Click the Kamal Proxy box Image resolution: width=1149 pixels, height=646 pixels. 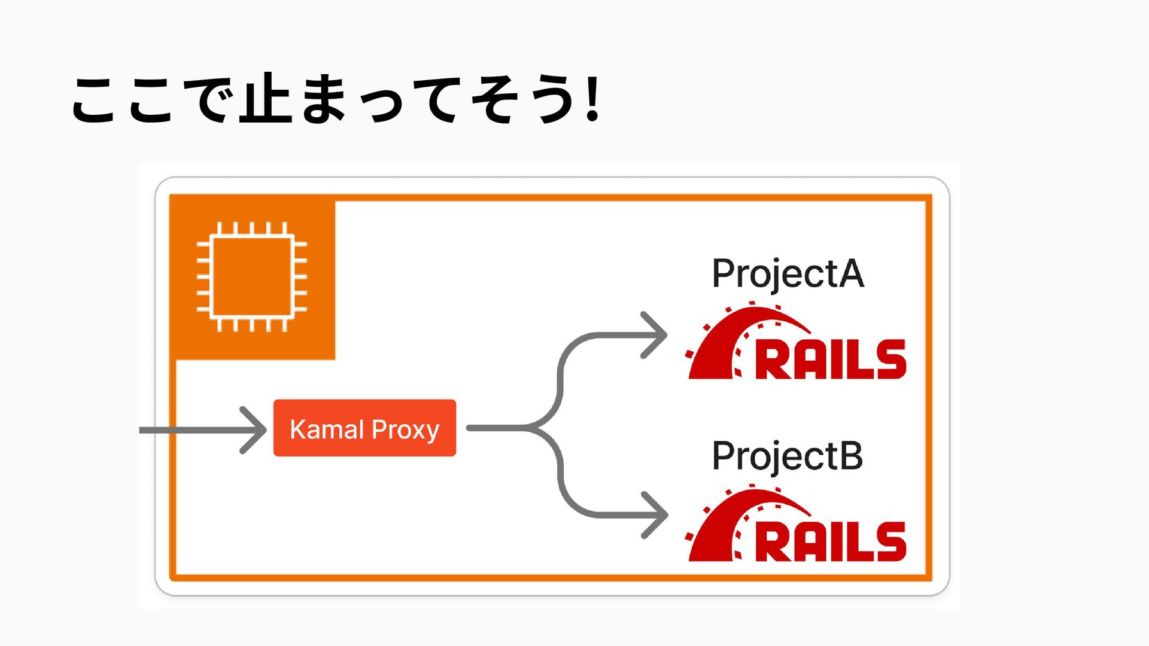pos(364,428)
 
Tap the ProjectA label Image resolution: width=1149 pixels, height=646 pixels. pos(788,274)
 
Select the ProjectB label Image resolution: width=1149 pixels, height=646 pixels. pos(787,456)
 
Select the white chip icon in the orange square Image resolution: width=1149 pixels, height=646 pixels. pos(252,276)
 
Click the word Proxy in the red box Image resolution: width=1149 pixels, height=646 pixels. pos(405,430)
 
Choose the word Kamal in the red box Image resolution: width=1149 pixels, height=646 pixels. pos(327,429)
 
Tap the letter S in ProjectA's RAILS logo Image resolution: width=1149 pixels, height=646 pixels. pos(888,359)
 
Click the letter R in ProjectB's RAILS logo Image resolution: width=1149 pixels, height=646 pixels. pos(774,542)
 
